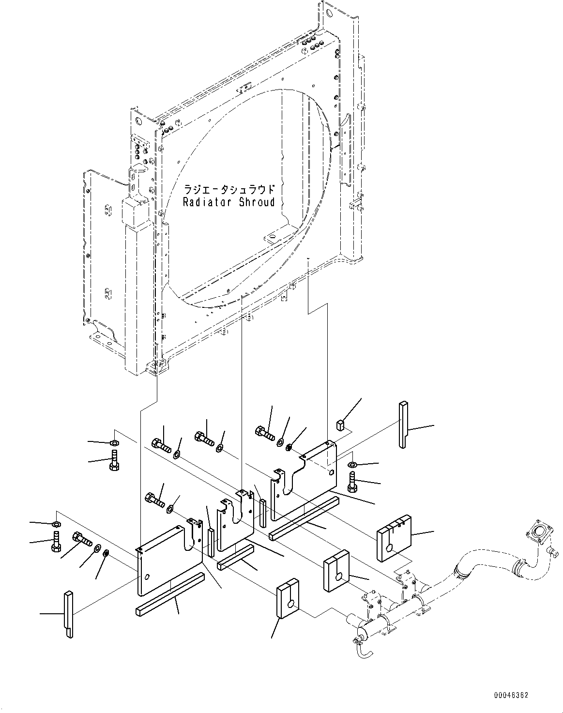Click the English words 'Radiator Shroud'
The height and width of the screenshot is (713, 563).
pyautogui.click(x=228, y=202)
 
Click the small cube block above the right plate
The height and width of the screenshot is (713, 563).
pyautogui.click(x=340, y=425)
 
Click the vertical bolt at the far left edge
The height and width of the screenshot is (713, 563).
pyautogui.click(x=56, y=541)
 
